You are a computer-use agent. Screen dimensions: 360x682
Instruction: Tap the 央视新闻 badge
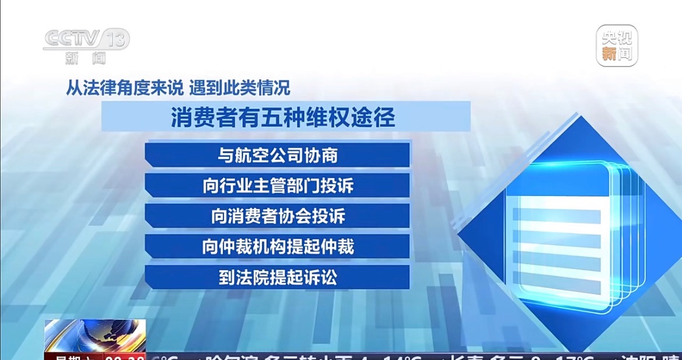pyautogui.click(x=617, y=46)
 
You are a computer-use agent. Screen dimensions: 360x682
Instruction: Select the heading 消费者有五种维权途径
pyautogui.click(x=284, y=117)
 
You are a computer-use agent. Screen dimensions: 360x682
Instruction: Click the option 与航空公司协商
pyautogui.click(x=278, y=155)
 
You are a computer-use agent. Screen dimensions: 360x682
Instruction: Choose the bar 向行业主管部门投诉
pyautogui.click(x=278, y=186)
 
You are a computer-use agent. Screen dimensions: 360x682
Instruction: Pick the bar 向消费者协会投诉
pyautogui.click(x=278, y=216)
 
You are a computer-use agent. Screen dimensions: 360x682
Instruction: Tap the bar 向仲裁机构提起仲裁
pyautogui.click(x=278, y=247)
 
